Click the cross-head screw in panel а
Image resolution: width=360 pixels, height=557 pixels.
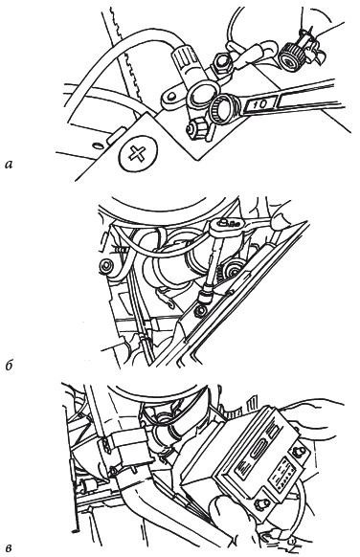(137, 153)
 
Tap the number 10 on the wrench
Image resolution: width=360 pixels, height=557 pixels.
(260, 104)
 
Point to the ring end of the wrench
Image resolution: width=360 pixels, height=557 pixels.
(223, 109)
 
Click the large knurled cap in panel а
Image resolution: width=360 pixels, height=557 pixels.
(292, 56)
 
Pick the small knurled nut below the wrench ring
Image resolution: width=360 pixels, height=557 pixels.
(198, 129)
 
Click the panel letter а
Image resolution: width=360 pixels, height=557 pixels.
(9, 165)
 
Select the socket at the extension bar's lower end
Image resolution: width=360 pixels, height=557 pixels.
(207, 296)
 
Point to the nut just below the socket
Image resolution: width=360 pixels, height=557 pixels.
(201, 310)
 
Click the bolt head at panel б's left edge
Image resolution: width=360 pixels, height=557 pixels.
(106, 266)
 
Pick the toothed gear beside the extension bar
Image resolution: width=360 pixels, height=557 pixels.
(232, 270)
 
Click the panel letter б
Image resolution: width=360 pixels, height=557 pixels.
(10, 366)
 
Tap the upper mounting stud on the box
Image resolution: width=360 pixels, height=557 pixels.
(297, 452)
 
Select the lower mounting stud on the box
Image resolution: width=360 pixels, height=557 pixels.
(260, 504)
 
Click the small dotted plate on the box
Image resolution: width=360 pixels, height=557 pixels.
(281, 476)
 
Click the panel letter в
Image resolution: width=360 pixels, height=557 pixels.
(10, 547)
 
